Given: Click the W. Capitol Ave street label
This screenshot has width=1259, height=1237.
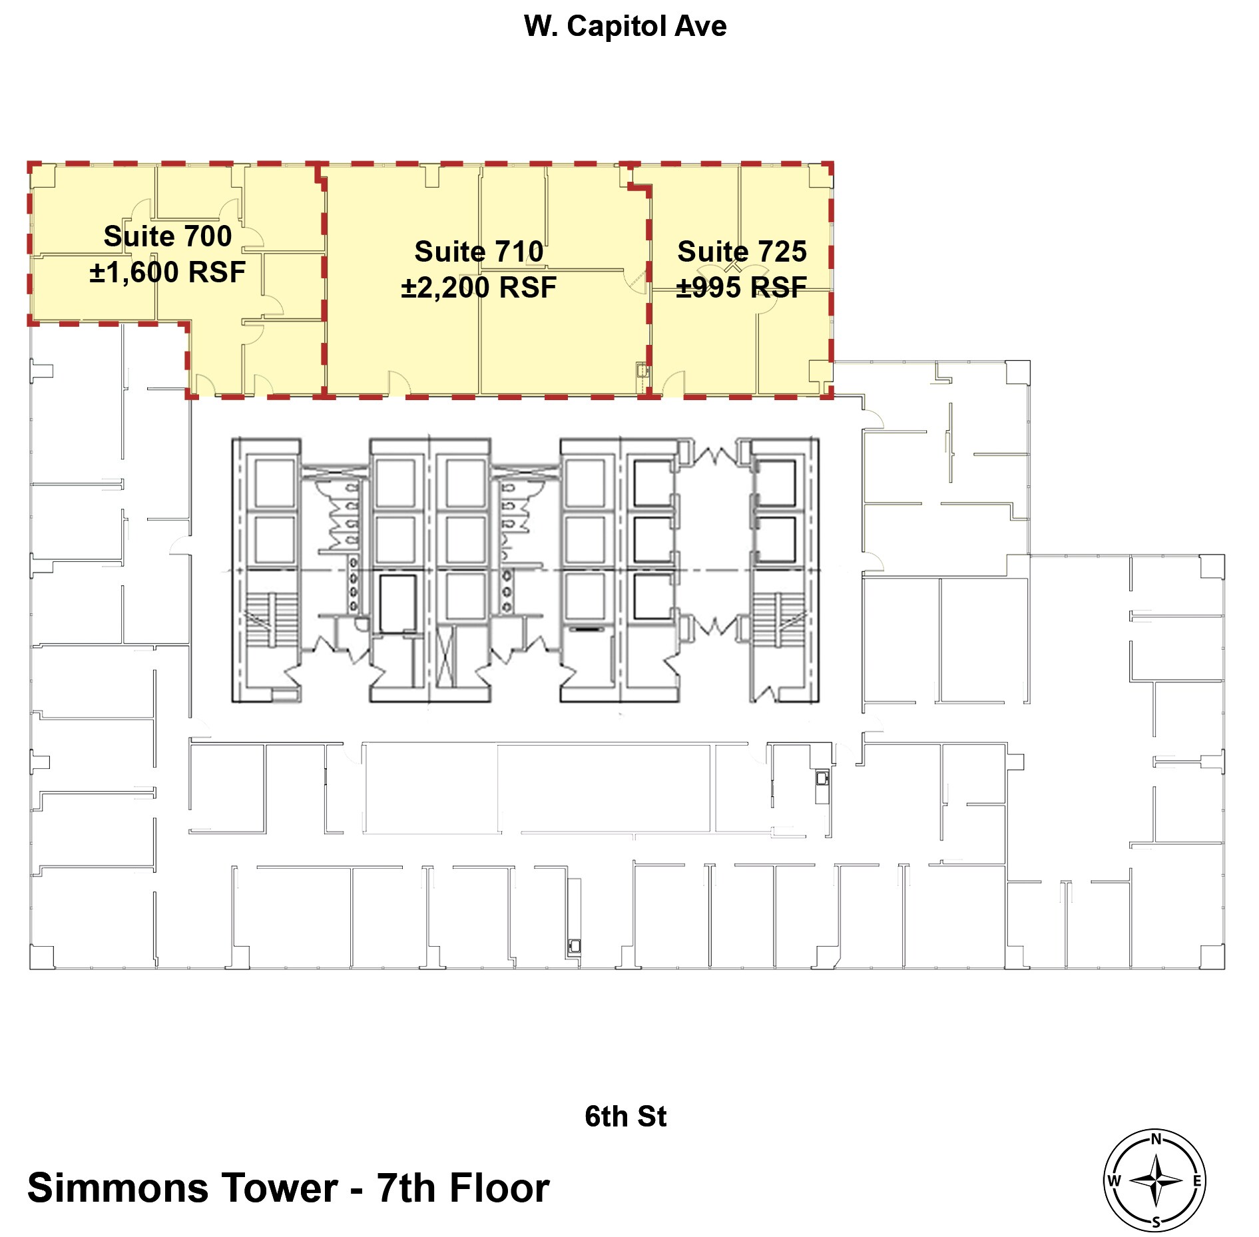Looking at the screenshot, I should point(625,27).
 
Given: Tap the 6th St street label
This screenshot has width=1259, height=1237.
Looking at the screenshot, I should point(625,1116).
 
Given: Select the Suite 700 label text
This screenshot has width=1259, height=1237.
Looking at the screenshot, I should point(168,236).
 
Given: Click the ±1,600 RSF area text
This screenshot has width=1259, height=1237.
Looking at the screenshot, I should point(168,272).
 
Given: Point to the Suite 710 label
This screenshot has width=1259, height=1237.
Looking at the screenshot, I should point(479,252).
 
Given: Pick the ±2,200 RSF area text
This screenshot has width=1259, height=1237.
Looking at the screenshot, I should point(479,288).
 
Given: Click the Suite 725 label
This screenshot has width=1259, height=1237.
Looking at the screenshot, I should point(742,252).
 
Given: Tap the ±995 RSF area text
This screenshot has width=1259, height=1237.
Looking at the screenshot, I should point(742,288).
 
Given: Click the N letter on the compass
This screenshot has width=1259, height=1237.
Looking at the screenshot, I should point(1156,1139).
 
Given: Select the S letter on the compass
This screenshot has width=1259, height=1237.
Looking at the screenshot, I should point(1156,1222).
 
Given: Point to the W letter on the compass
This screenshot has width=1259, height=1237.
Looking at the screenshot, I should point(1114,1181).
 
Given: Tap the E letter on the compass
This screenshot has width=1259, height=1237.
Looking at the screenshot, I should point(1196,1181).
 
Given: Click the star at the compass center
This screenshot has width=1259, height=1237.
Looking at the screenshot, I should point(1156,1181).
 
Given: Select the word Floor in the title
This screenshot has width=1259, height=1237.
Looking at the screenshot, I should point(499,1188).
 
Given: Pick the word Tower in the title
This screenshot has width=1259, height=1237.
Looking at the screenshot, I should point(280,1188).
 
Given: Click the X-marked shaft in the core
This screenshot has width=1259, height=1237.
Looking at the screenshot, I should point(446,656).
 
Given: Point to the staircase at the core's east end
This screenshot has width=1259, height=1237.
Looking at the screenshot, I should point(779,619).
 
